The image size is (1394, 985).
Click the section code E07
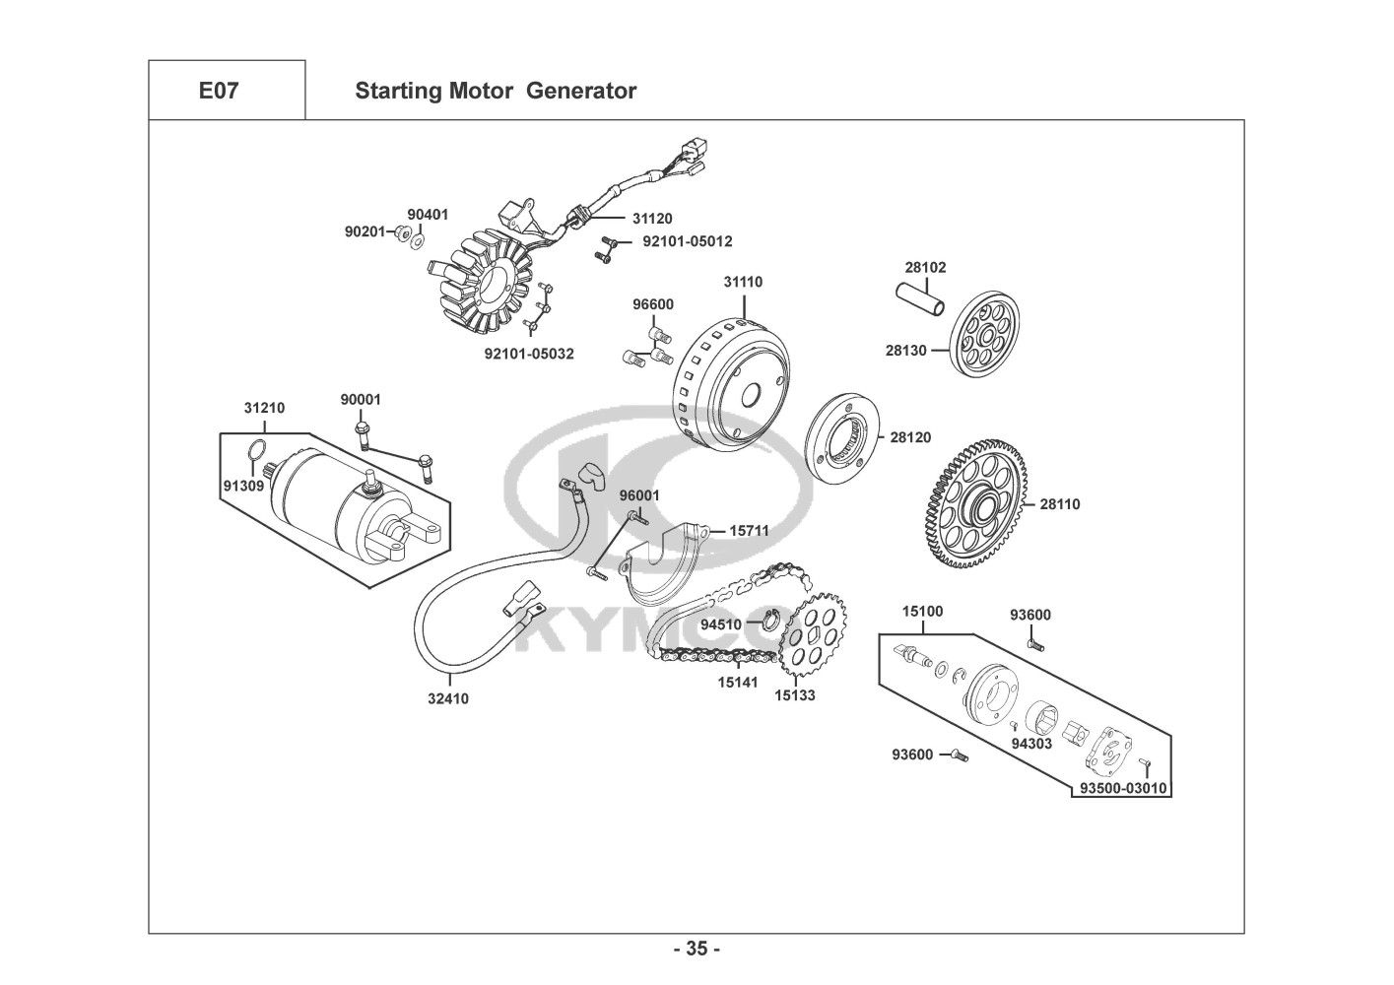[218, 92]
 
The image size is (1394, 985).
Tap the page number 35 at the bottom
[697, 950]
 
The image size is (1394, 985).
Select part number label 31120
[652, 219]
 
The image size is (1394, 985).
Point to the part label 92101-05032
[529, 354]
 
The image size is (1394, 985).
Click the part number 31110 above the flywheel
[743, 282]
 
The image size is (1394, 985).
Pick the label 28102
[925, 267]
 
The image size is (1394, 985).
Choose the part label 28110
[1060, 504]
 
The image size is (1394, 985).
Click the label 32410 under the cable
[448, 699]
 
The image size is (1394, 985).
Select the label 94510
[721, 624]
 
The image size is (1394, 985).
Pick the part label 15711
[749, 531]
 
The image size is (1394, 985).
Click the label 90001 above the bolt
[361, 400]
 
